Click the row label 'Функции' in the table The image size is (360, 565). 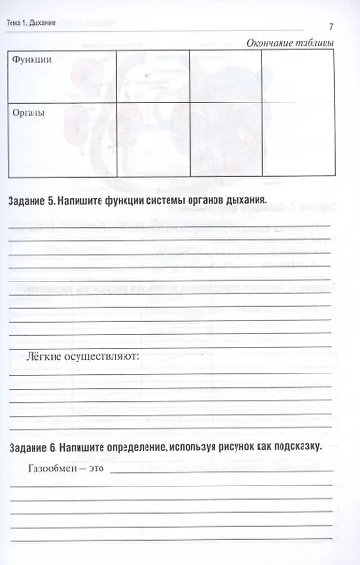32,60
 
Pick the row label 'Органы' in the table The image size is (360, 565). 29,111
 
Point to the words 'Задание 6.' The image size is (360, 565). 34,447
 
